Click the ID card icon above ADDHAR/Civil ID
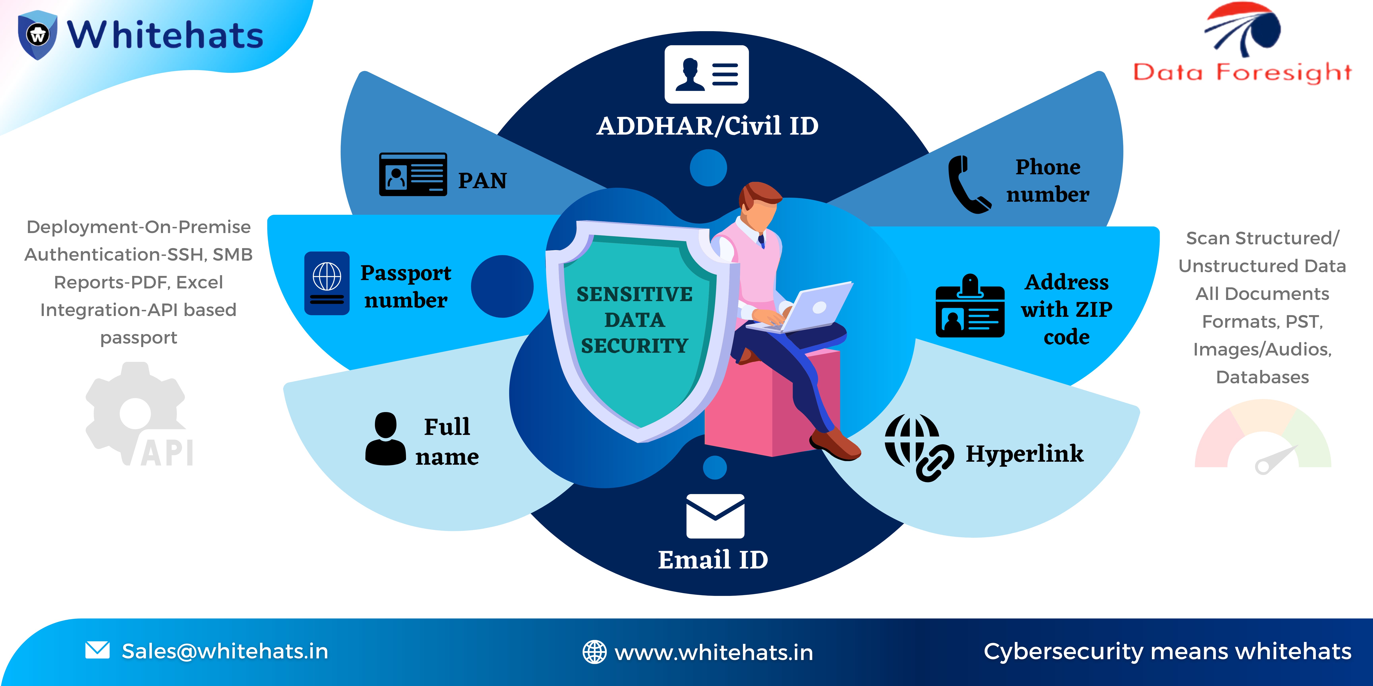(707, 74)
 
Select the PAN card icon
(413, 174)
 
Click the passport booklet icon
(327, 283)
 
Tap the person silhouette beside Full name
(385, 438)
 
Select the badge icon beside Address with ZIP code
(970, 306)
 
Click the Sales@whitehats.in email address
(225, 651)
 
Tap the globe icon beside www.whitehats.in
(594, 652)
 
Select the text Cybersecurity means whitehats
(1167, 651)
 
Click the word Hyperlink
(1024, 454)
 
